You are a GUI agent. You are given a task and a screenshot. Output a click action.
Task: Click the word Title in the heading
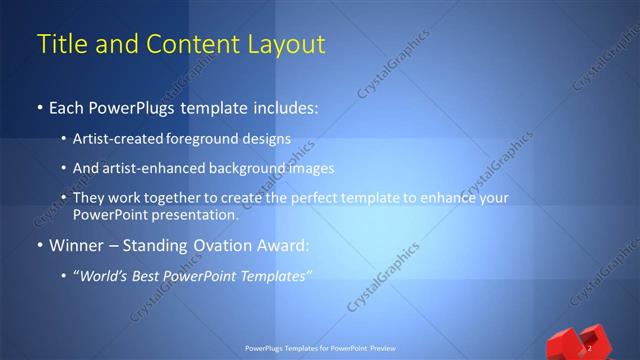tap(60, 45)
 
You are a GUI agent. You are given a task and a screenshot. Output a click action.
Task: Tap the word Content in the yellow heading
tap(190, 45)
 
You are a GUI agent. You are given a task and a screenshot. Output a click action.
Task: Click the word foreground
tap(202, 139)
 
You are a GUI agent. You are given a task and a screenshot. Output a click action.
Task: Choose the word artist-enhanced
tap(147, 168)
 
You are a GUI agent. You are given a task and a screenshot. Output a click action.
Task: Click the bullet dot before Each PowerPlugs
tap(39, 106)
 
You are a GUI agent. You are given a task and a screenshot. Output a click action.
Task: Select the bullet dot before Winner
tap(39, 246)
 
